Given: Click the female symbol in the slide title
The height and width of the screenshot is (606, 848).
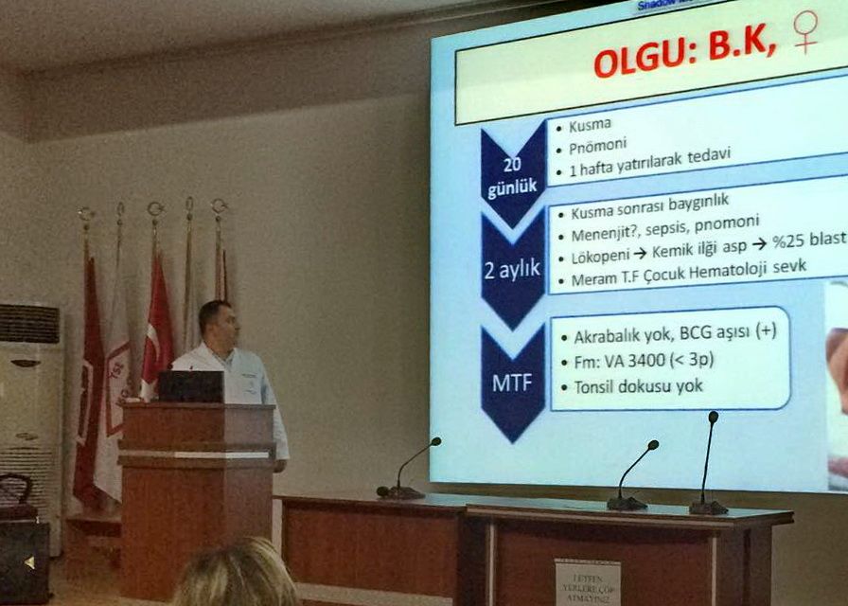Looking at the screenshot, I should click(806, 30).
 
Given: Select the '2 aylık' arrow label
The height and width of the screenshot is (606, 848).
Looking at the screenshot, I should click(511, 268).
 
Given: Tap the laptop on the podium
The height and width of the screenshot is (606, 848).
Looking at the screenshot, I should click(190, 386).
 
